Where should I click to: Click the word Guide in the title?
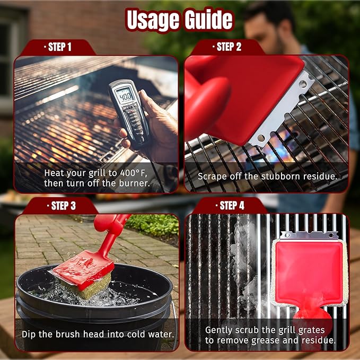pos(208,20)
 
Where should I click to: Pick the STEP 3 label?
pos(59,206)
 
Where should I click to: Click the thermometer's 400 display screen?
pos(125,98)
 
